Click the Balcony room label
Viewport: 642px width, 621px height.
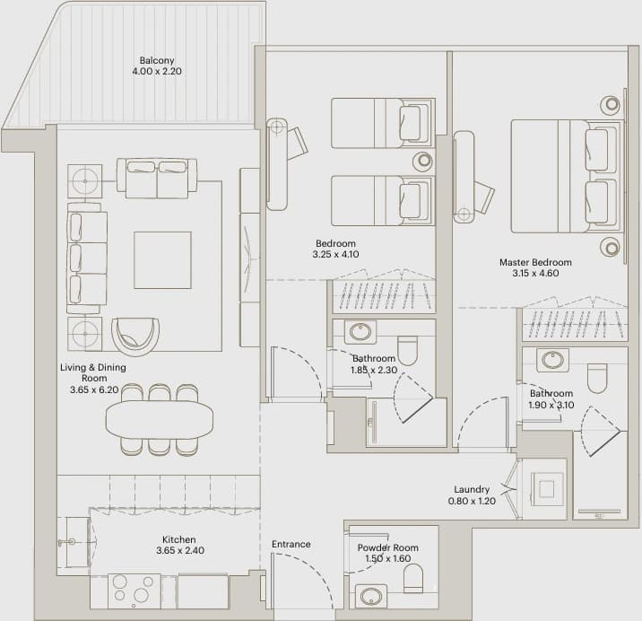(157, 60)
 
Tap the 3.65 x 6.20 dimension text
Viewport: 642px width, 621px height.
(94, 389)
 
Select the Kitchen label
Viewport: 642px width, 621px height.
(179, 539)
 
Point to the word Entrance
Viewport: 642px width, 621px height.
(291, 544)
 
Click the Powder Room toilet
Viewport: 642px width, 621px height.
(413, 578)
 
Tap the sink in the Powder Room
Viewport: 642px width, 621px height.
(371, 596)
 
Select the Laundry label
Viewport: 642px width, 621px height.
(472, 489)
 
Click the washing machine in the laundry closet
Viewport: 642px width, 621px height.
(547, 488)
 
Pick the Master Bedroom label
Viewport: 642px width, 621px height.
(535, 262)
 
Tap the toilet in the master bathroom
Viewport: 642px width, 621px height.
(597, 378)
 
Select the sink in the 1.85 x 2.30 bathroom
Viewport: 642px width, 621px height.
(360, 332)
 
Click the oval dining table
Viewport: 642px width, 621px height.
(160, 420)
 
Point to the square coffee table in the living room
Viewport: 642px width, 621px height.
(162, 260)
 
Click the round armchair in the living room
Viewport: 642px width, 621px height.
(135, 337)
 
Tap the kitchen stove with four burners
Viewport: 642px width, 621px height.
(134, 591)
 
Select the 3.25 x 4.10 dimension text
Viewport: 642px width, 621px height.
(335, 254)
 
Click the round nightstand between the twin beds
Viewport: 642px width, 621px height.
(423, 161)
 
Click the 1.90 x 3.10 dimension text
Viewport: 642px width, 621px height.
(551, 405)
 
